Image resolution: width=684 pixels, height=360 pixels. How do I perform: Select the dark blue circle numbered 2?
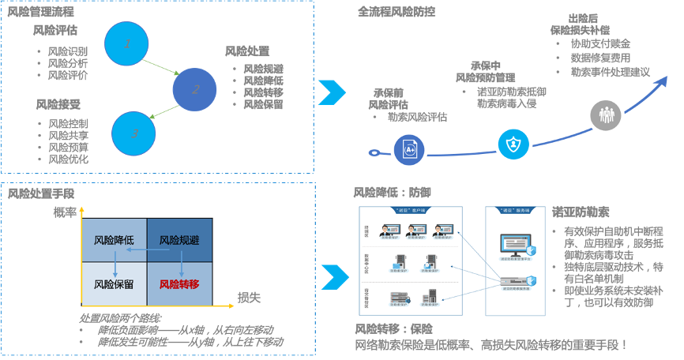click(194, 89)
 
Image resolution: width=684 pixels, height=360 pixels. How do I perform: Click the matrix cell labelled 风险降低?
click(114, 240)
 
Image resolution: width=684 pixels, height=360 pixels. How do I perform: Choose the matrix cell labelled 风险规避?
click(180, 240)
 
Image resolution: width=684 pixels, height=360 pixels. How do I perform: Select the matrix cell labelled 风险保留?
click(114, 284)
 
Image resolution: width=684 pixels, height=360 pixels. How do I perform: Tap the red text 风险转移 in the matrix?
click(180, 284)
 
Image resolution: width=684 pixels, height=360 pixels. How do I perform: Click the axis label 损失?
click(250, 298)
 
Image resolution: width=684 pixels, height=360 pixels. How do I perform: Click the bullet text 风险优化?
click(68, 159)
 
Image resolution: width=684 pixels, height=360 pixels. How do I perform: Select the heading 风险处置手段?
click(41, 193)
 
